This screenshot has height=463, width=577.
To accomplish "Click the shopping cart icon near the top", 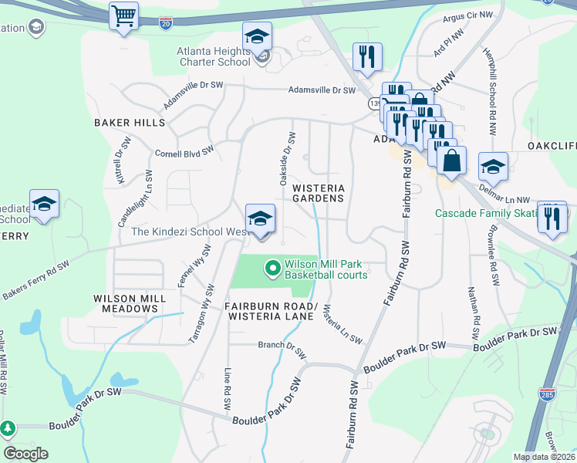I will (x=123, y=15).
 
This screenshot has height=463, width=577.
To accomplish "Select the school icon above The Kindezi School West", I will (x=260, y=218).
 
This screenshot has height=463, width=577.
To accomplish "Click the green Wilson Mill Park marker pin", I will (x=272, y=269).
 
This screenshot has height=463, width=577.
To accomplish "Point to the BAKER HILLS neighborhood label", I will (x=130, y=123).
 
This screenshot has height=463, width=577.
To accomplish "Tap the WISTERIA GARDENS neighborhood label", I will (x=318, y=193).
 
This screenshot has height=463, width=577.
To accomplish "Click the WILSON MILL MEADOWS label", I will (x=126, y=303).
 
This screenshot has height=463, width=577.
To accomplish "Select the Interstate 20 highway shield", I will (x=166, y=25).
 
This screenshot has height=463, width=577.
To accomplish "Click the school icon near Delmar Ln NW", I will (x=493, y=167).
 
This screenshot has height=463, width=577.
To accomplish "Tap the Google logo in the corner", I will (x=25, y=453).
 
